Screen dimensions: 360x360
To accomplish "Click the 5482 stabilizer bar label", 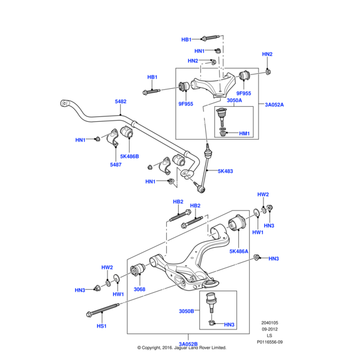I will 121,101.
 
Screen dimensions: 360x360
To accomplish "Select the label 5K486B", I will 129,156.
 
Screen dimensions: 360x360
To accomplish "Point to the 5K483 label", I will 225,171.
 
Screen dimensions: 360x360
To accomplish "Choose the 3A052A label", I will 274,104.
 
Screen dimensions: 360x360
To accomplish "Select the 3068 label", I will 139,289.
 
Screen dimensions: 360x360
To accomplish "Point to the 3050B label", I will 187,311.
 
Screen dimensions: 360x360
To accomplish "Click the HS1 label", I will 101,326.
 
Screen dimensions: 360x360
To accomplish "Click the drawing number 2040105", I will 269,323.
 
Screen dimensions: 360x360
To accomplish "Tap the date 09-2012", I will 269,329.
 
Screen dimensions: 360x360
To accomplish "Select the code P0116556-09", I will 269,343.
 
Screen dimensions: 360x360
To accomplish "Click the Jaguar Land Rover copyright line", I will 181,347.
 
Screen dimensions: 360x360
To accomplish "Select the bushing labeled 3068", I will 137,271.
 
